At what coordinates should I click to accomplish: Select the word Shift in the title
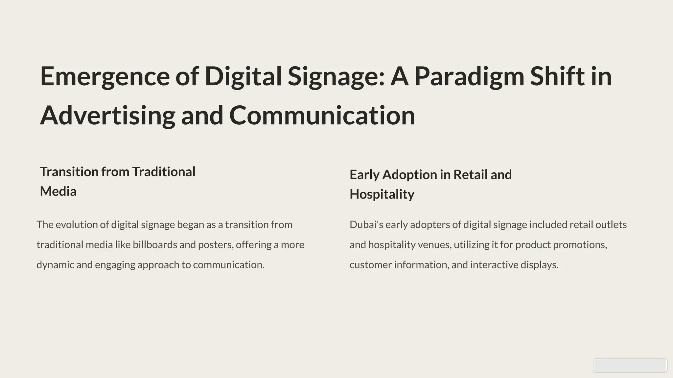coord(557,76)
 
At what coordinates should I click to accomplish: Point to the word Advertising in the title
coord(107,116)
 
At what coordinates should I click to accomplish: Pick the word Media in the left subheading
coord(58,192)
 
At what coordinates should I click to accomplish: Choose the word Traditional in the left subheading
coord(164,172)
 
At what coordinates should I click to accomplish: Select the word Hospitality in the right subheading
coord(382,195)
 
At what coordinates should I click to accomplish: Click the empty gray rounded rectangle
coord(630,366)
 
